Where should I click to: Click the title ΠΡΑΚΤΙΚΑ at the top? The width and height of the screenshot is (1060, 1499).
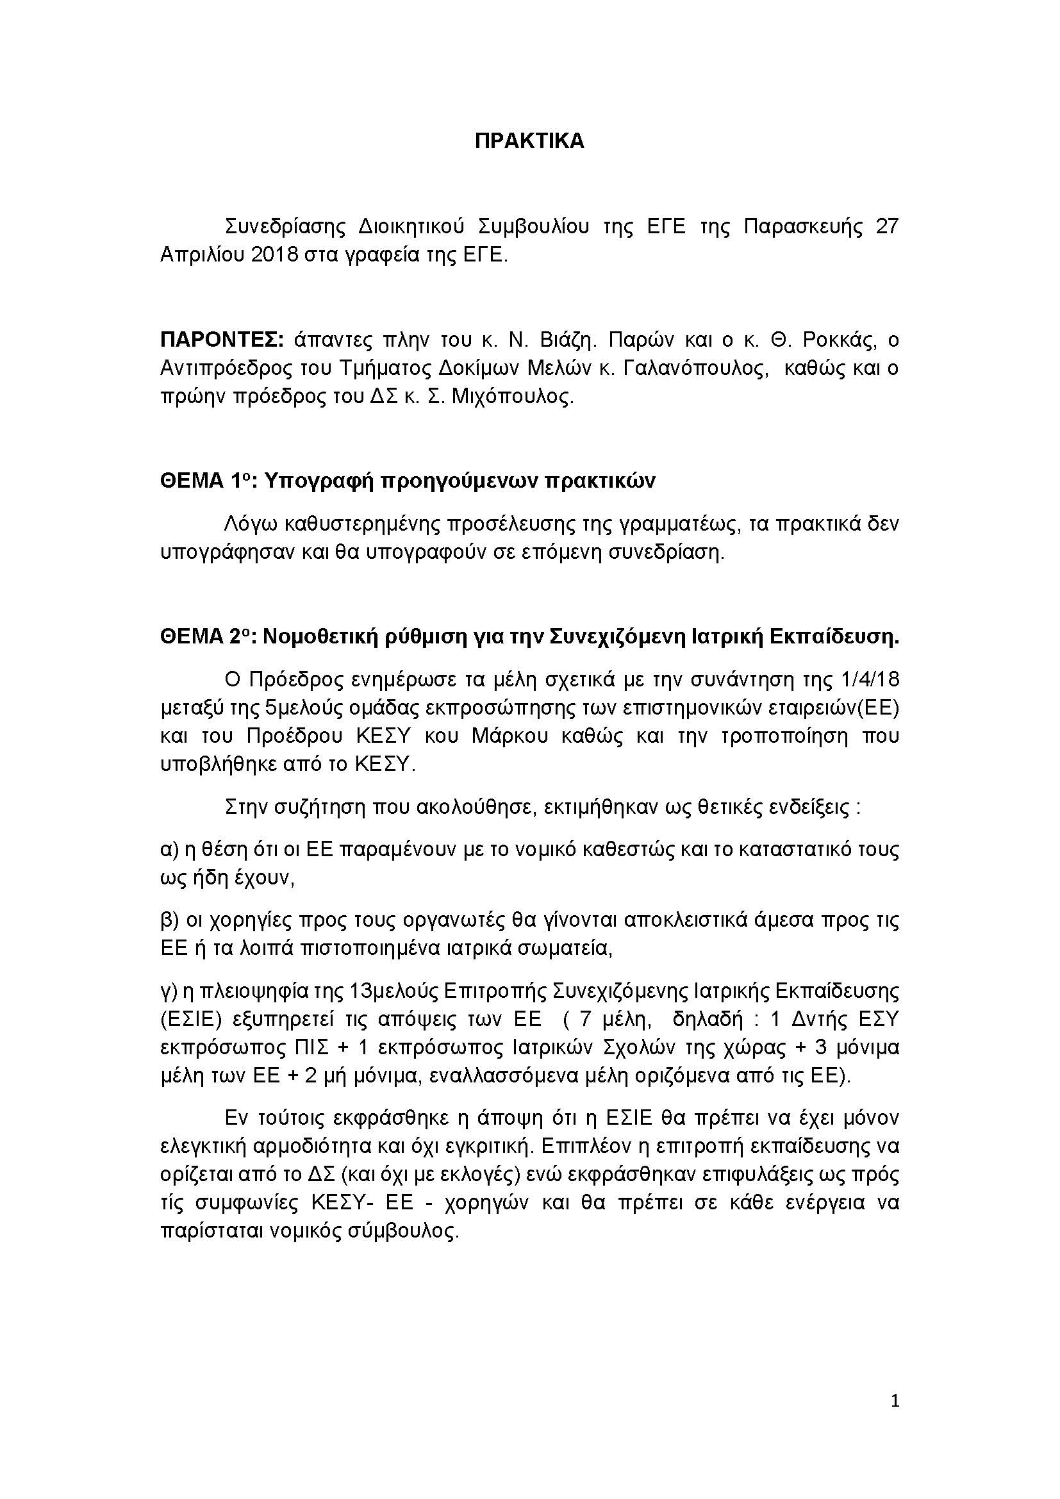529,141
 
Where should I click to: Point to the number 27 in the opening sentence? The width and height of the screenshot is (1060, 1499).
886,226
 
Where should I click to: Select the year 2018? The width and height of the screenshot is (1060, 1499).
275,254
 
